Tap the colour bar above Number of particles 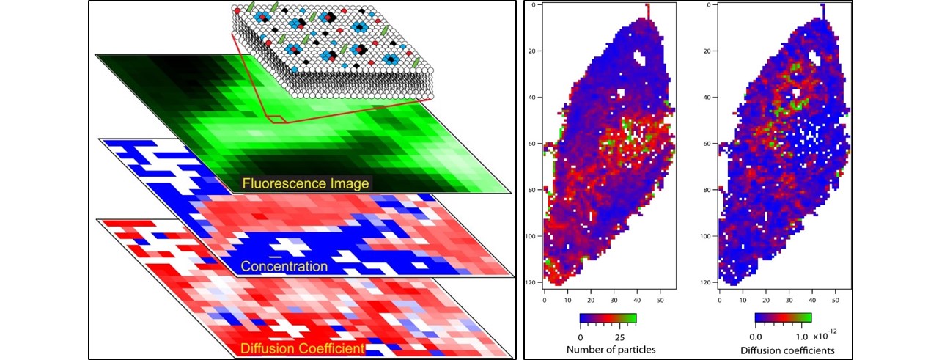608,319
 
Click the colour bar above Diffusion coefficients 783,319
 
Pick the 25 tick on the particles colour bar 620,336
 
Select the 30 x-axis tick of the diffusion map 789,299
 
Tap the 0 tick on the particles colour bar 580,336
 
